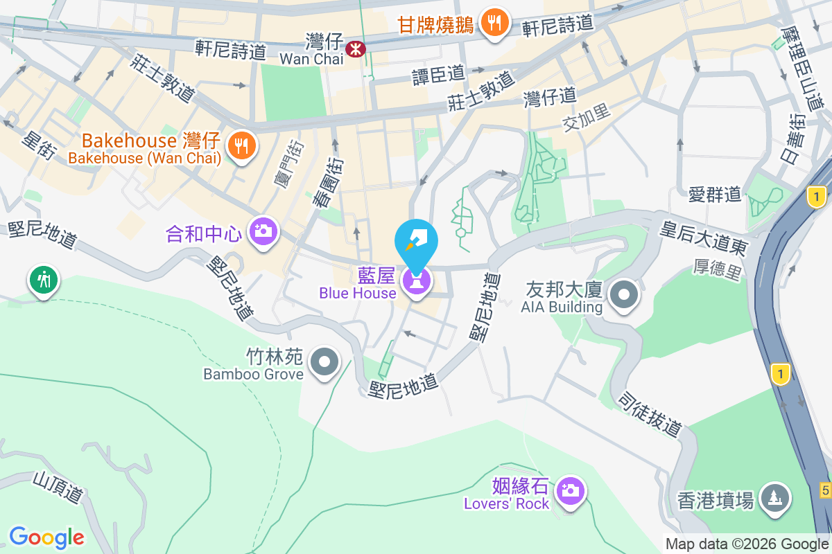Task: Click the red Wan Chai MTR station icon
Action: (356, 48)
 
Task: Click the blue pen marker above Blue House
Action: (416, 241)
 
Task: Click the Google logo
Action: (46, 537)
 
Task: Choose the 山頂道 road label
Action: (58, 486)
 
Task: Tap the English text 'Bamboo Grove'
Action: (253, 374)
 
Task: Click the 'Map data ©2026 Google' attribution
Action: (747, 544)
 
